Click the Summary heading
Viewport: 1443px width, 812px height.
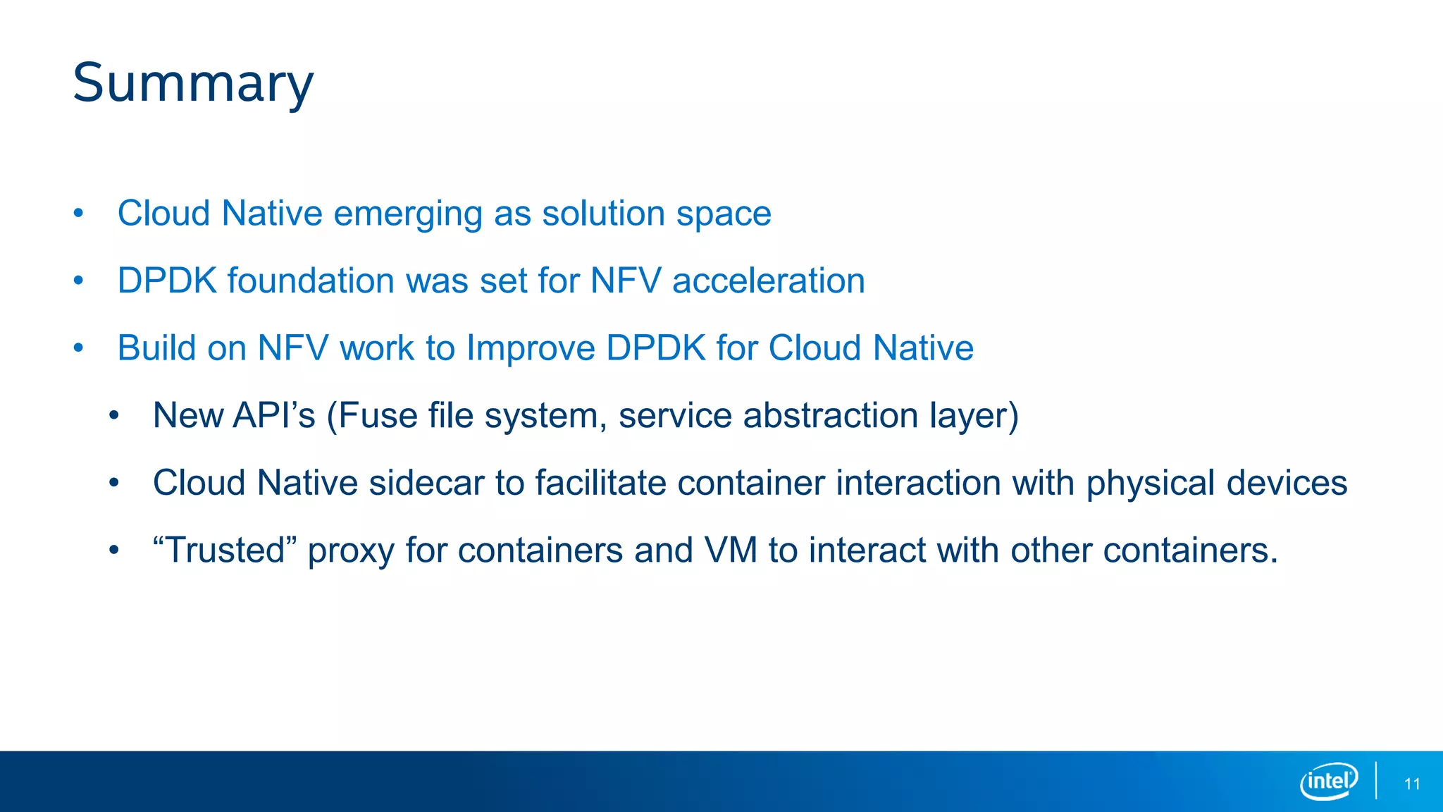click(x=193, y=83)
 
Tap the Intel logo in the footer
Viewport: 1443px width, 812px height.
click(x=1328, y=781)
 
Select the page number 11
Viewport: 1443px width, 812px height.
click(x=1412, y=784)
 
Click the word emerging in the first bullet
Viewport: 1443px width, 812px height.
click(x=407, y=214)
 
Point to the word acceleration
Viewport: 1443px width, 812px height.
click(x=768, y=281)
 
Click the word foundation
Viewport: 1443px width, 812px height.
click(x=311, y=281)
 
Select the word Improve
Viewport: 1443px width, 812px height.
click(x=531, y=348)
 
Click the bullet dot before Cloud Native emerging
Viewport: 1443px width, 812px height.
click(x=78, y=213)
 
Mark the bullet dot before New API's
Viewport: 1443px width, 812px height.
click(x=114, y=415)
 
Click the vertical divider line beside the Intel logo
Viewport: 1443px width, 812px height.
click(x=1375, y=780)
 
